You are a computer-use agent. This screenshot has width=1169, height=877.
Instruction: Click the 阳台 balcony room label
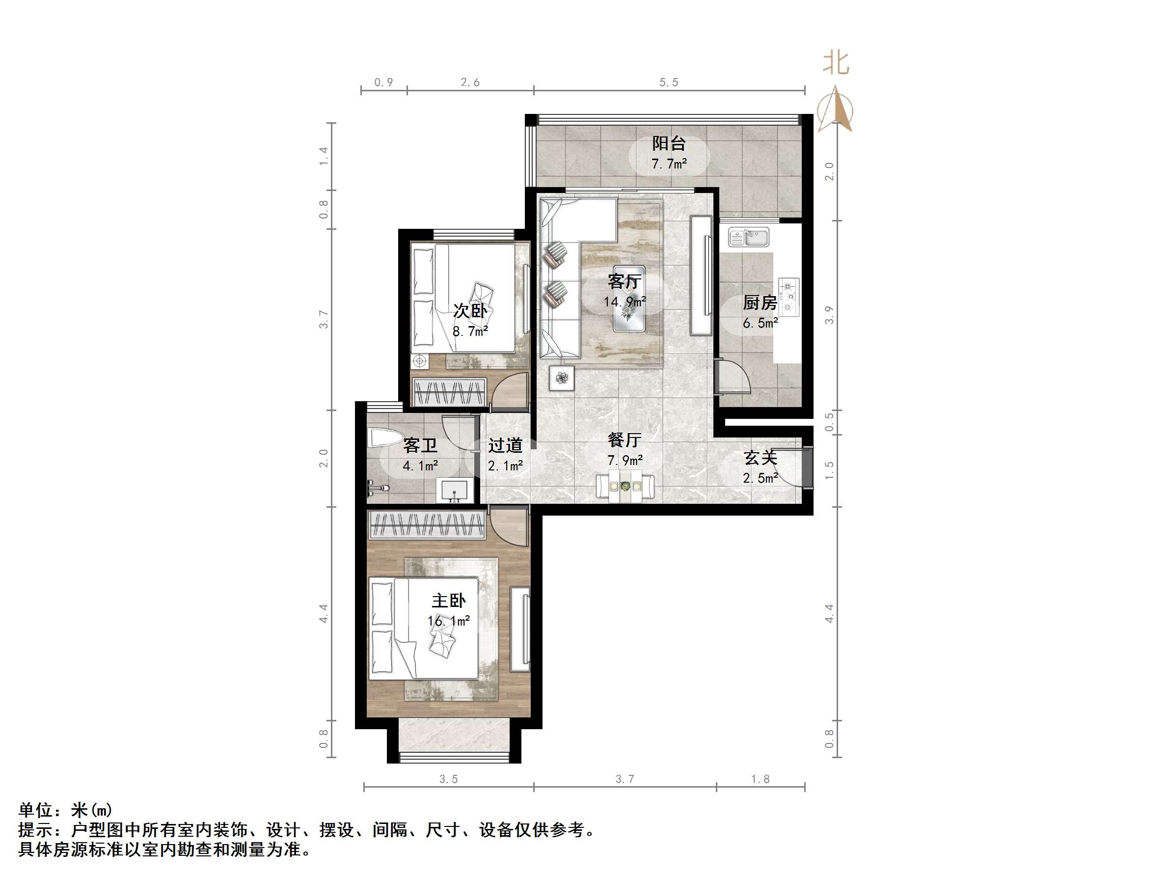pos(669,143)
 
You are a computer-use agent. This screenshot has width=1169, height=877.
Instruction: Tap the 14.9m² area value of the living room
pos(625,302)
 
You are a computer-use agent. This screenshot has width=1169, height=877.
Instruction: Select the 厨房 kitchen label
pos(760,302)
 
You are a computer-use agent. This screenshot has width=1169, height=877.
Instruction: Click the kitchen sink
pos(749,237)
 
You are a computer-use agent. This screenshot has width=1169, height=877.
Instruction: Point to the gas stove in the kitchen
pos(788,297)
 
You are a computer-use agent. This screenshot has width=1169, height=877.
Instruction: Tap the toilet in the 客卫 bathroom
pos(385,438)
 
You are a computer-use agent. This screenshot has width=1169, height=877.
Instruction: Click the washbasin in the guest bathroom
pos(455,490)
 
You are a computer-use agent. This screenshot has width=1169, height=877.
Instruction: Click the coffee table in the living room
pos(628,299)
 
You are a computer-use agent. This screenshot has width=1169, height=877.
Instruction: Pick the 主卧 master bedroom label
pos(449,601)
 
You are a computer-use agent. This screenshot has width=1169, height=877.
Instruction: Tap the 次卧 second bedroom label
pos(470,310)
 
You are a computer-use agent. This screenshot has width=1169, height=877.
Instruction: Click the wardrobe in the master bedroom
pos(427,525)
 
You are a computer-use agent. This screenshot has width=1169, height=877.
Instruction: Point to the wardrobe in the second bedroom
pos(450,392)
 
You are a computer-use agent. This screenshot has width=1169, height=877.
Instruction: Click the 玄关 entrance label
pos(760,458)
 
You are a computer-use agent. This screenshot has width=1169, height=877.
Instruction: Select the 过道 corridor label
pos(505,446)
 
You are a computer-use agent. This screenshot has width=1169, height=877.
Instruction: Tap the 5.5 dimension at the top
pos(669,82)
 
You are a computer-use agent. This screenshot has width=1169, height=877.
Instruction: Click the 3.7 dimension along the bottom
pos(625,779)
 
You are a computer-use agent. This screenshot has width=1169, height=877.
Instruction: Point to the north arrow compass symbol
pos(835,110)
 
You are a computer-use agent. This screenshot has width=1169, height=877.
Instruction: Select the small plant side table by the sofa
pos(561,378)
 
